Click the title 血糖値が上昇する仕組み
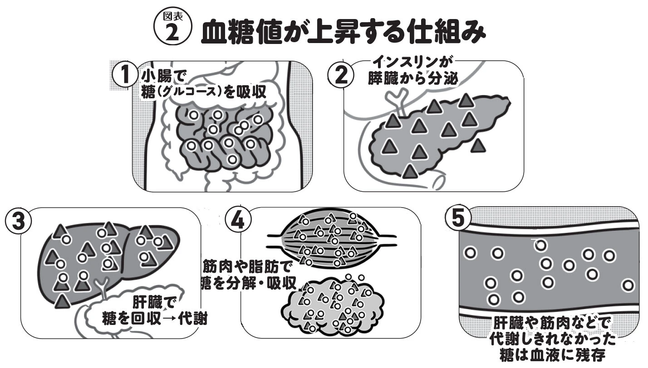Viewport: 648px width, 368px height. tap(344, 33)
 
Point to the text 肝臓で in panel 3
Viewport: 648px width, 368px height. tap(153, 302)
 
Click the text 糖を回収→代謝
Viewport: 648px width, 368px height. tap(154, 319)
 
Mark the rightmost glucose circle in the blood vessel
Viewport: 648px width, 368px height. tap(628, 285)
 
